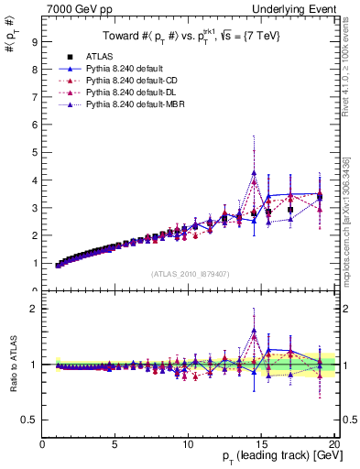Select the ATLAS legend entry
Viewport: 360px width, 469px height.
coord(111,56)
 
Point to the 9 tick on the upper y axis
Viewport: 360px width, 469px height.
coord(33,41)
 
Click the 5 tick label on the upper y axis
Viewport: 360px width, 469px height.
coord(33,152)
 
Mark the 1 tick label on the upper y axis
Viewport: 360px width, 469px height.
coord(33,263)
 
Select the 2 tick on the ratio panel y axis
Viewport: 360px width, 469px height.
coord(33,309)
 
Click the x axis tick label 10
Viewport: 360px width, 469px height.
coord(187,445)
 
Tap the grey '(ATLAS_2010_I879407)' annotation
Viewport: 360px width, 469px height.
coord(190,274)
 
